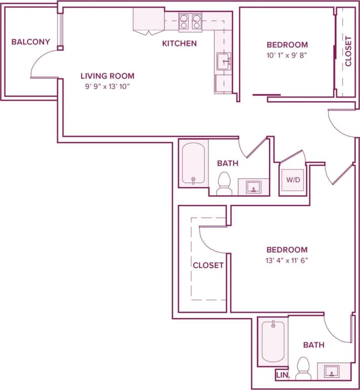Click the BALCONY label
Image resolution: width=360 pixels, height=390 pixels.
click(x=30, y=41)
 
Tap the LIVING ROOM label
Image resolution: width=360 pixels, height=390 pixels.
click(x=107, y=76)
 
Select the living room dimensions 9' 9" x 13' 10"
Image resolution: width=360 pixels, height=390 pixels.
click(x=107, y=86)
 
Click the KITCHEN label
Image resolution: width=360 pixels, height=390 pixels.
click(x=179, y=44)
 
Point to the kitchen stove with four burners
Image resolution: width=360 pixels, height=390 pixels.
click(x=190, y=21)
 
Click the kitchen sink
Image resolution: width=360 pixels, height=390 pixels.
click(x=224, y=62)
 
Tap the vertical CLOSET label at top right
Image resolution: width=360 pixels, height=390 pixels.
click(x=348, y=51)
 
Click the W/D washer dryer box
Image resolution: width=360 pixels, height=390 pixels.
click(x=292, y=180)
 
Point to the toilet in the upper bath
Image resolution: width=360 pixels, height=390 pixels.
click(x=223, y=183)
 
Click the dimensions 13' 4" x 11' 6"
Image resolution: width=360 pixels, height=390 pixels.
click(x=287, y=261)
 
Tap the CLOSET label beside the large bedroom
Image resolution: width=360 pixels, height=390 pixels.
click(x=208, y=265)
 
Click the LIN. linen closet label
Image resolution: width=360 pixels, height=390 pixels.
click(x=282, y=375)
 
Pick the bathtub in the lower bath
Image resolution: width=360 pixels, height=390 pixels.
click(x=273, y=341)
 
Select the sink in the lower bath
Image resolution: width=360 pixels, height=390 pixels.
click(x=331, y=372)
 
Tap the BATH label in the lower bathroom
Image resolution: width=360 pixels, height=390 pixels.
click(x=313, y=345)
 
